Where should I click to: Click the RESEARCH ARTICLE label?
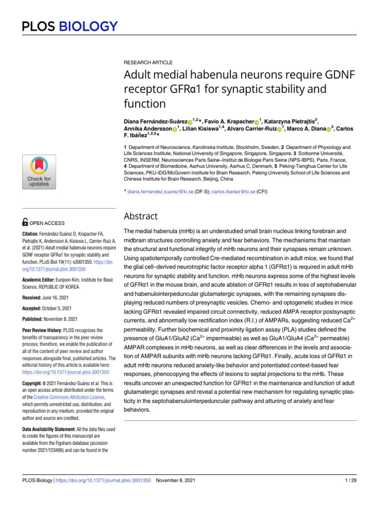click(148, 63)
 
